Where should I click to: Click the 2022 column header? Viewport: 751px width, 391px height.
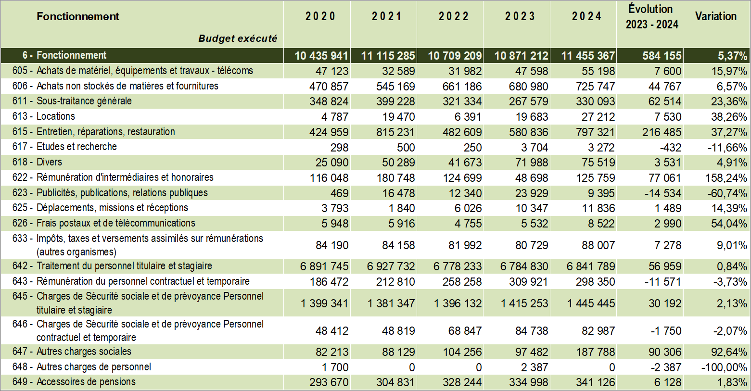pyautogui.click(x=453, y=16)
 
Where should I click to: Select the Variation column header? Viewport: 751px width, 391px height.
pyautogui.click(x=715, y=16)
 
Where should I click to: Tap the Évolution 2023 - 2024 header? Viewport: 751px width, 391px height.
pyautogui.click(x=651, y=17)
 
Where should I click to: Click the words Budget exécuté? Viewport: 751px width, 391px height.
pyautogui.click(x=238, y=38)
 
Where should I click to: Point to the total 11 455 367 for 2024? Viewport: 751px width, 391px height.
pyautogui.click(x=587, y=56)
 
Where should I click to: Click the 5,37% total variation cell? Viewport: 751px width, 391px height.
pyautogui.click(x=732, y=56)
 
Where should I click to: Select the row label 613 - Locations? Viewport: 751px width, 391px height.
pyautogui.click(x=44, y=116)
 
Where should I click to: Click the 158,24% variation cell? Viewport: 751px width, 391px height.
pyautogui.click(x=726, y=178)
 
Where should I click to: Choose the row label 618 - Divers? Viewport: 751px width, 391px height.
pyautogui.click(x=37, y=162)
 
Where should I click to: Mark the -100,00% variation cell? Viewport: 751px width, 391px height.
pyautogui.click(x=724, y=367)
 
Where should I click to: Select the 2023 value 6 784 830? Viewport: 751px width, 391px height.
pyautogui.click(x=524, y=266)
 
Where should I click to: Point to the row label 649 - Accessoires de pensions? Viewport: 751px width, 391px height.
pyautogui.click(x=74, y=382)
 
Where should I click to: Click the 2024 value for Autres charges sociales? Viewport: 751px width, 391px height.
pyautogui.click(x=595, y=352)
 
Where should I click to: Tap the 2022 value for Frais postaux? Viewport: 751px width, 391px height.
pyautogui.click(x=468, y=224)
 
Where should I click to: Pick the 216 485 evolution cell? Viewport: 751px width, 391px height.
pyautogui.click(x=662, y=132)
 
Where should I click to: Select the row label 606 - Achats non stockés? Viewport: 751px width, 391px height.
pyautogui.click(x=115, y=86)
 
